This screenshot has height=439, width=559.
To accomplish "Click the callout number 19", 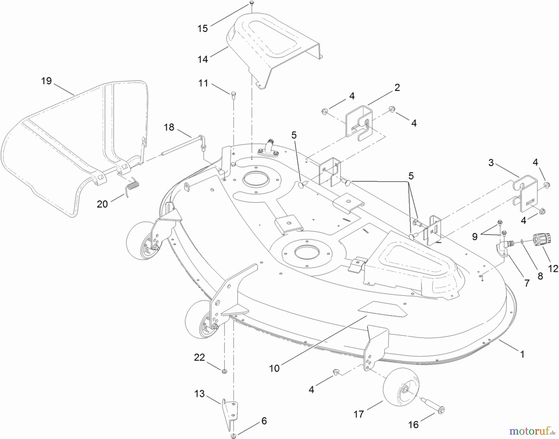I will click(46, 81).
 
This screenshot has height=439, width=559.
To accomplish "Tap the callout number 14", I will click(202, 59).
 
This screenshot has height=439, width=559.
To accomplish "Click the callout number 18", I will click(169, 127).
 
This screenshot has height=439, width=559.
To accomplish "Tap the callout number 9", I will click(475, 237).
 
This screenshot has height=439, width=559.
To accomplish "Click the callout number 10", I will click(274, 368).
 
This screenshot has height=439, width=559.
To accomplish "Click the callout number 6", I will click(264, 421).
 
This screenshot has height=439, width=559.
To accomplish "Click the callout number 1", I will click(522, 354).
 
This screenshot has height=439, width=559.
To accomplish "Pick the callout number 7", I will click(527, 283).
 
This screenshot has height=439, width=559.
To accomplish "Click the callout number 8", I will click(540, 276).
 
